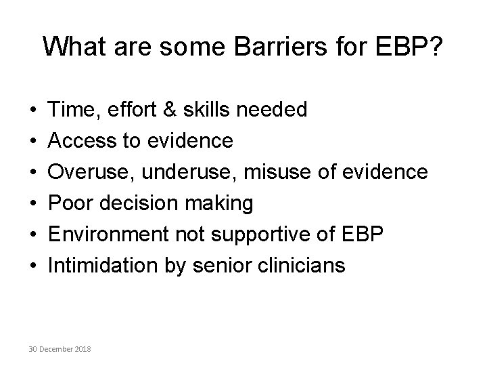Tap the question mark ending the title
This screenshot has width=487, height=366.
(x=436, y=46)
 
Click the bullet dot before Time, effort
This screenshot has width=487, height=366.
(x=33, y=110)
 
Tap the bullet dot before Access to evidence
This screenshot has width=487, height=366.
(x=33, y=141)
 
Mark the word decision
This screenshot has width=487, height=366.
(x=139, y=203)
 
